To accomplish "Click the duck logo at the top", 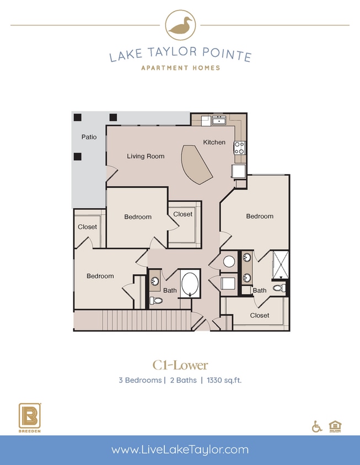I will (180, 25).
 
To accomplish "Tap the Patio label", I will (89, 137).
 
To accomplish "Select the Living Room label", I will (146, 156).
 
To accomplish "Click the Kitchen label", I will (214, 142).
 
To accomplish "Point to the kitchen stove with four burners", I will (240, 148).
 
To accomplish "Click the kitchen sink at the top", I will (219, 120).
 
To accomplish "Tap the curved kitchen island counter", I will (196, 164).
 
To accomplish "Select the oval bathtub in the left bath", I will (190, 283).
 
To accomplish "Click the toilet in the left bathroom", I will (155, 301).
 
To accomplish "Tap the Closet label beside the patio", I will (87, 226).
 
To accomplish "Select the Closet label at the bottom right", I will (260, 315).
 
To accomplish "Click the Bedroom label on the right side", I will (260, 216).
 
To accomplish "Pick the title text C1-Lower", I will (180, 365).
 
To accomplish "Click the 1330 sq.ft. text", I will (226, 380).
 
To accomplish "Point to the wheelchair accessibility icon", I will (317, 426).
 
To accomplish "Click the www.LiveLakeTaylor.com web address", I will (180, 450).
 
